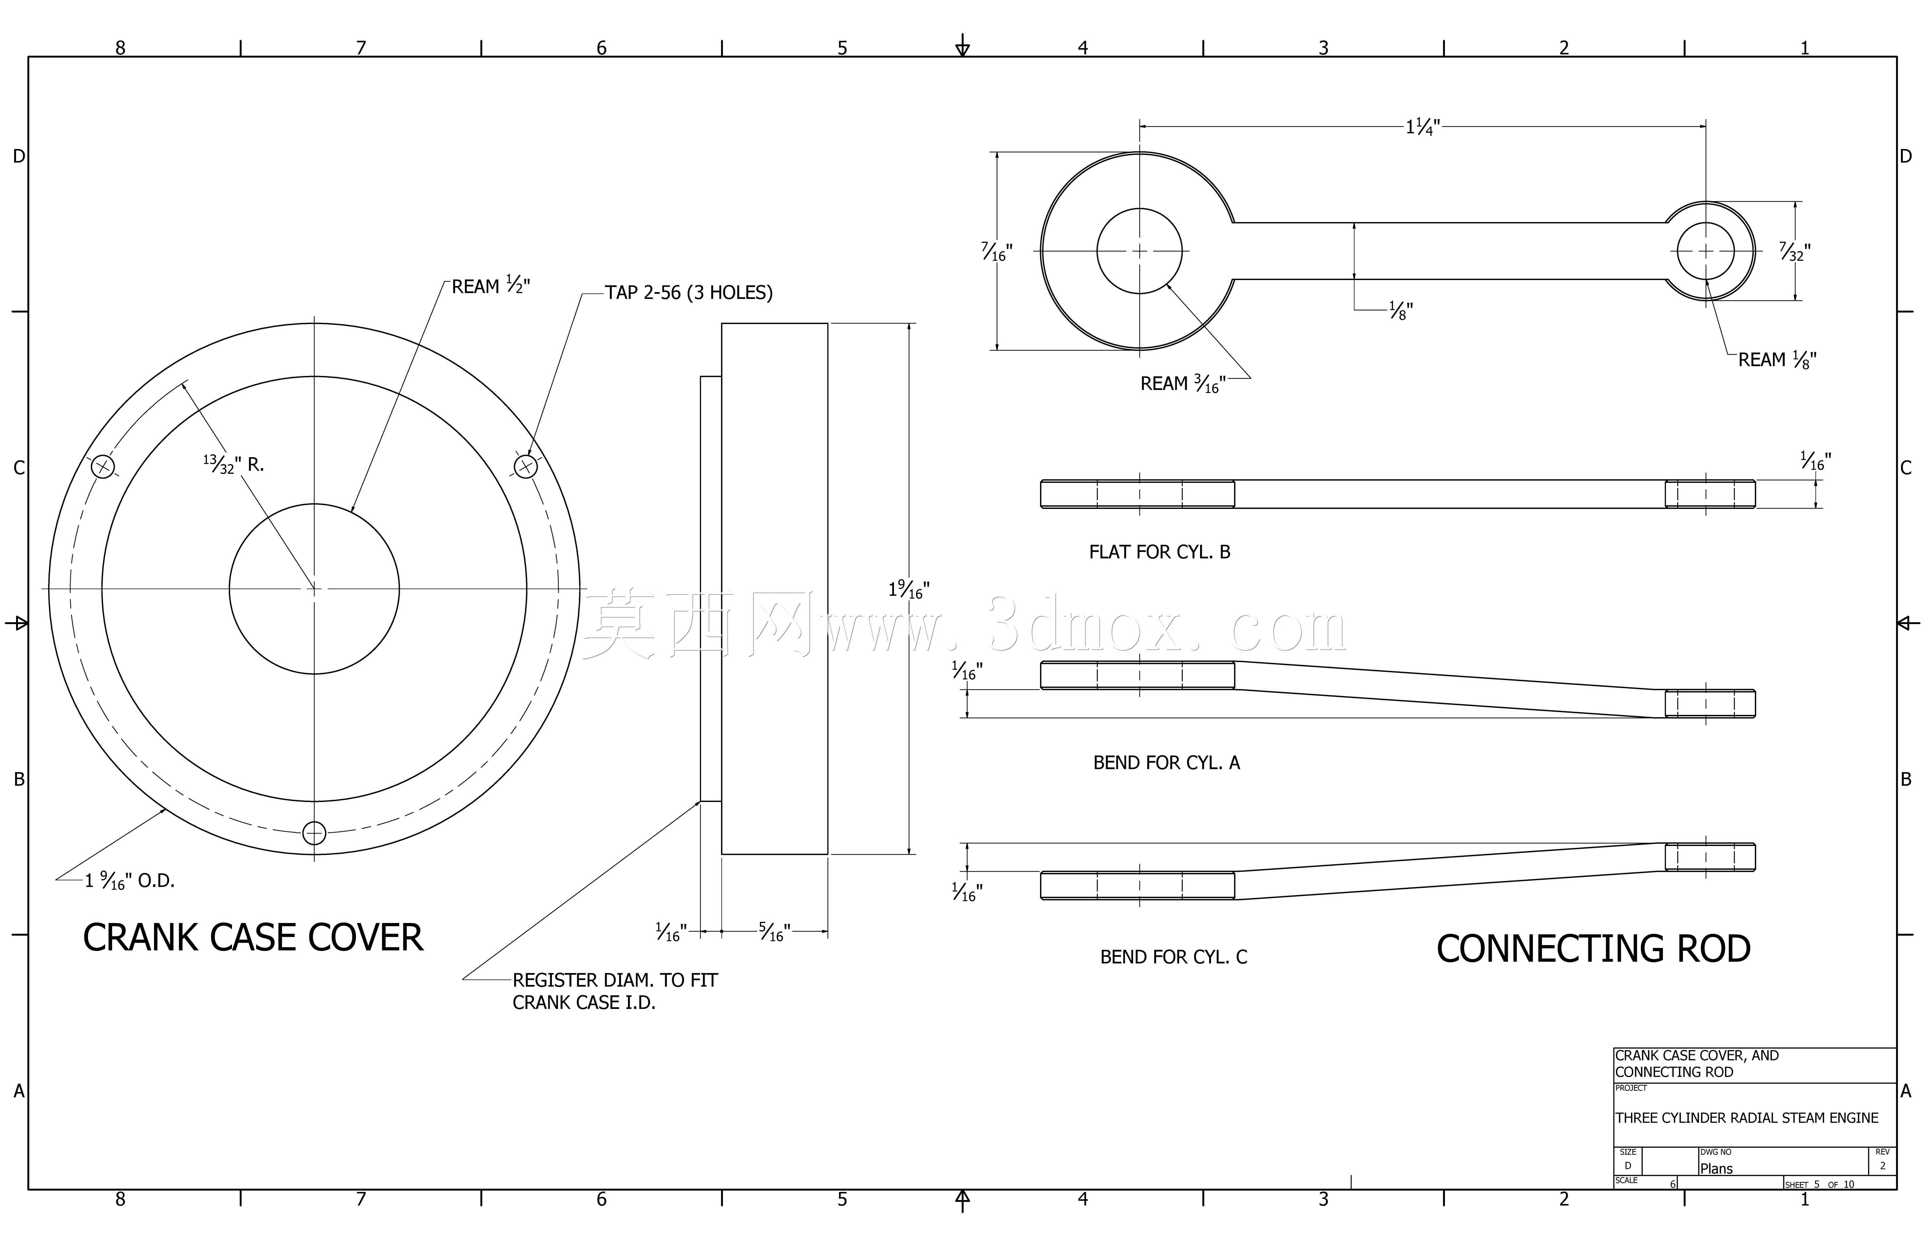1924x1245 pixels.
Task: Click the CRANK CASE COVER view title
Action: (x=253, y=938)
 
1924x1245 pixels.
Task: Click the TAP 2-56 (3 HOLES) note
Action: (x=689, y=293)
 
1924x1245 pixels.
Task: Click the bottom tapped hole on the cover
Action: (x=314, y=833)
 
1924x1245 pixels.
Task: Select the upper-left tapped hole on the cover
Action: (x=103, y=466)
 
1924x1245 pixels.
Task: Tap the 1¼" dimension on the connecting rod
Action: (x=1423, y=127)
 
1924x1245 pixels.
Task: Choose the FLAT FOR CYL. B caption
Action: (x=1160, y=552)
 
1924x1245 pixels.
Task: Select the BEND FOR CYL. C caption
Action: (x=1173, y=957)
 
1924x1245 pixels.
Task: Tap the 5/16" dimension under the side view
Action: (x=774, y=932)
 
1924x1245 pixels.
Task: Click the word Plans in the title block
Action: (x=1716, y=1169)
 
